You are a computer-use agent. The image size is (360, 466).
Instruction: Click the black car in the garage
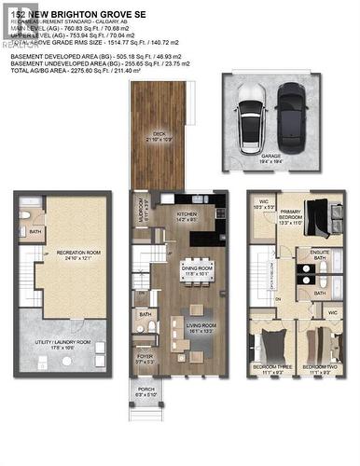click(x=290, y=111)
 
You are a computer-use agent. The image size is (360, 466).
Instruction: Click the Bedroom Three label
click(x=273, y=369)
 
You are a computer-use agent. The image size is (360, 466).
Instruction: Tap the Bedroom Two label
click(x=320, y=369)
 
